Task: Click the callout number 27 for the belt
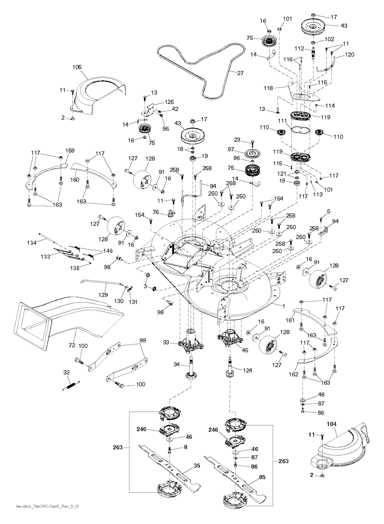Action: coord(240,73)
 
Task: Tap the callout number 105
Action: coord(77,67)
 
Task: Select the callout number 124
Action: coord(247,370)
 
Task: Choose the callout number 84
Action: coord(213,185)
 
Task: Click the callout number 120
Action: coord(349,55)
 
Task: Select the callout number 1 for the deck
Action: coord(284,306)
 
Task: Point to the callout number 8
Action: coord(185,447)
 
